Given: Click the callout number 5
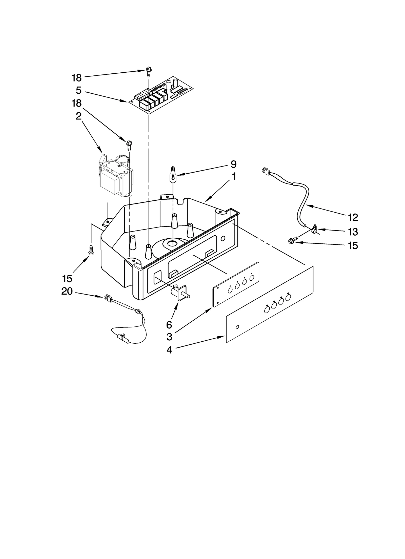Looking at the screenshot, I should (78, 90).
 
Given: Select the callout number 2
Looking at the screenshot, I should (78, 116).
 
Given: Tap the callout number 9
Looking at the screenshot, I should (233, 164).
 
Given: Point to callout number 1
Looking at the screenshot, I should (234, 177).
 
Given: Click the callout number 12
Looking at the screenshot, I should (353, 217).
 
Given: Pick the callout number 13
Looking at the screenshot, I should (353, 232).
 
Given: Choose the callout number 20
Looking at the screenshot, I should (67, 292).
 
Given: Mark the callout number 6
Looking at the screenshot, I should (169, 325).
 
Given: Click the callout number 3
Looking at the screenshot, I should (169, 337).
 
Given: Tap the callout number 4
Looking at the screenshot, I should (169, 350).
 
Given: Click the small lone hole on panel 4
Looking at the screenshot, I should (237, 327).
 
